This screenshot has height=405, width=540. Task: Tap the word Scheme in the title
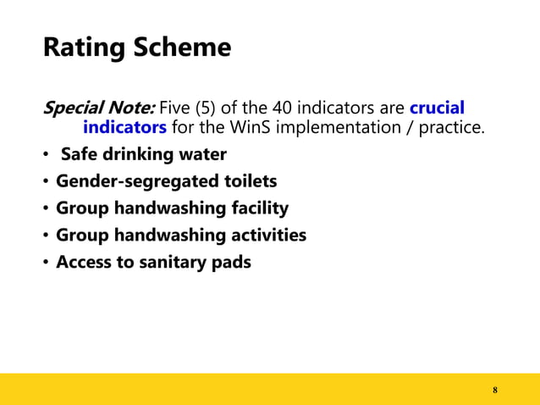coord(178,48)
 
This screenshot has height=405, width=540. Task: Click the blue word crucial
coord(437,109)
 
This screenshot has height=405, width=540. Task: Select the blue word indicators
coord(124,128)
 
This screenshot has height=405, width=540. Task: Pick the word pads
coord(232,262)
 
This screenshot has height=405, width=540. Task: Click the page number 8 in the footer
coord(495,390)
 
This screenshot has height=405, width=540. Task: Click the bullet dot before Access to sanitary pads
coord(46,263)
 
